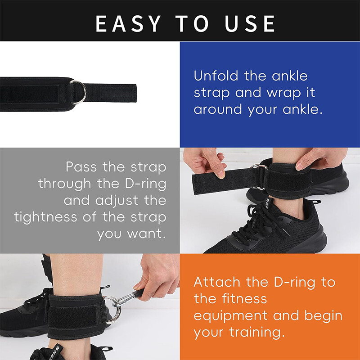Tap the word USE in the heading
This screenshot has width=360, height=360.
click(249, 23)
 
